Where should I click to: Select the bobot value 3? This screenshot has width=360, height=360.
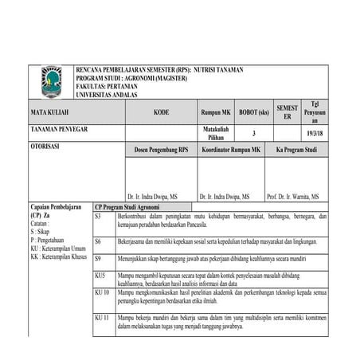tap(254, 133)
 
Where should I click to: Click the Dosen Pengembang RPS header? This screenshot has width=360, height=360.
tap(161, 150)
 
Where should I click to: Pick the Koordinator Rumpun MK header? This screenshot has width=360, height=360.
tap(231, 150)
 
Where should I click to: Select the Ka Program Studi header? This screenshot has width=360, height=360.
tap(296, 150)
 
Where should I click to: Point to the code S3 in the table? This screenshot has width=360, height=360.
tap(98, 217)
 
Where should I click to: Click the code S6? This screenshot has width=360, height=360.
tap(98, 240)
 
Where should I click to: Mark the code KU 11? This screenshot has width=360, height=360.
tap(101, 317)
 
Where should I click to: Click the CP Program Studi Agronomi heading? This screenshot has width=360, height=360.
tap(127, 206)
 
